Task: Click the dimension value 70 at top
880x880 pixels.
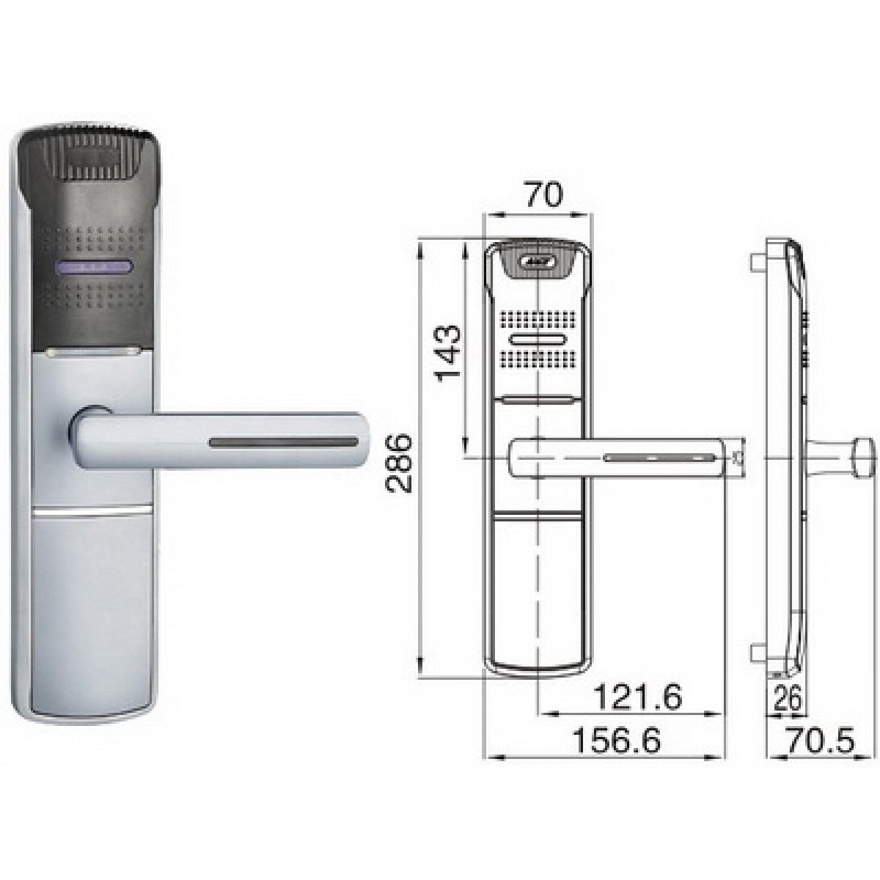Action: tap(543, 196)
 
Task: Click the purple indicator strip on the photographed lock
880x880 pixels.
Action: tap(93, 268)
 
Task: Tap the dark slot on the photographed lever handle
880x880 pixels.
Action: tap(283, 443)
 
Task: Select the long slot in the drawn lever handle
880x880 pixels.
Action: tap(659, 458)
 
